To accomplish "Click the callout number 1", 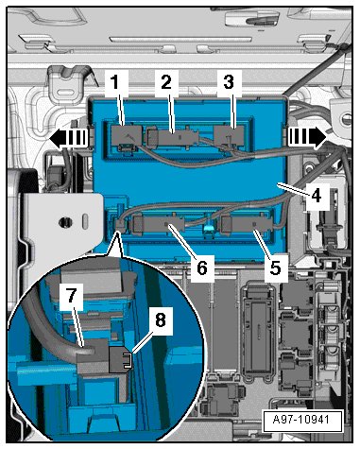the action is [115, 83].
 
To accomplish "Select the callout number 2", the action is [166, 82].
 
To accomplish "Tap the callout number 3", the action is [229, 82].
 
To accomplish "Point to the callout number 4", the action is [317, 196].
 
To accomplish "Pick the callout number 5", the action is [275, 268].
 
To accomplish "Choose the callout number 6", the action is [202, 268].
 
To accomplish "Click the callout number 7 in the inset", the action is [72, 296].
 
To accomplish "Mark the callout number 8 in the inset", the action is [161, 320].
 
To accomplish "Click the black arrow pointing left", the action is [67, 138].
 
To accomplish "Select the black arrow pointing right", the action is [307, 138].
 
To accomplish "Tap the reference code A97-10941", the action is [301, 420].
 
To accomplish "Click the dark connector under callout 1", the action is [127, 137].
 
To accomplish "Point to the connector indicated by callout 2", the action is [173, 138].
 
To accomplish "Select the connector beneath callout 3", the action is [229, 136].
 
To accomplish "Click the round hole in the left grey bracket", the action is [65, 222].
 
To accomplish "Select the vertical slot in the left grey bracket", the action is [85, 220].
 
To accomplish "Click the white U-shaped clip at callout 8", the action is [127, 360].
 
